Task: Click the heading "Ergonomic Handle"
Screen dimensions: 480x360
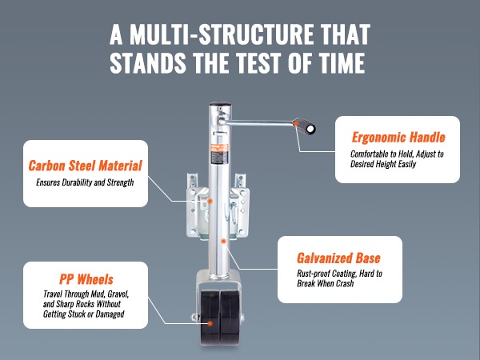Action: tap(398, 137)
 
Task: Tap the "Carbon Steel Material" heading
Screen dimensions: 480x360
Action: tap(85, 166)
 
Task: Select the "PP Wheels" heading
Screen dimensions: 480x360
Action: tap(86, 279)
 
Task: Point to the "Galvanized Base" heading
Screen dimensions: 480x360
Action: tap(338, 258)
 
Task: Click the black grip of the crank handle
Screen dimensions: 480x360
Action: tap(305, 126)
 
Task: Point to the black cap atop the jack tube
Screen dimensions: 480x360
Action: tap(220, 103)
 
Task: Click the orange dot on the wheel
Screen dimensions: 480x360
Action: tap(210, 323)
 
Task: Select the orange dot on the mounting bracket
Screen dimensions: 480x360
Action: tap(210, 201)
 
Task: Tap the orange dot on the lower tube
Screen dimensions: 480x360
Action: tap(223, 242)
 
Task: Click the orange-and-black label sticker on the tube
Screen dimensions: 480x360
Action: tap(219, 155)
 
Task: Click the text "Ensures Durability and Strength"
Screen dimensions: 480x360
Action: tap(85, 182)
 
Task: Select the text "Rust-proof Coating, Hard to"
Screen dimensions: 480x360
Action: tap(339, 274)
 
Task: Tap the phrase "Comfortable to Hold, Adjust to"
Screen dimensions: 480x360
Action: tap(397, 154)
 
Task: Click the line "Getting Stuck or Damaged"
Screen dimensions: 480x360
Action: tap(83, 314)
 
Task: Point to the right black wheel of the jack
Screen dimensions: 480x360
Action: tap(230, 317)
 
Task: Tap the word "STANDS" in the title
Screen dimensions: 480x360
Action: tap(148, 63)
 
